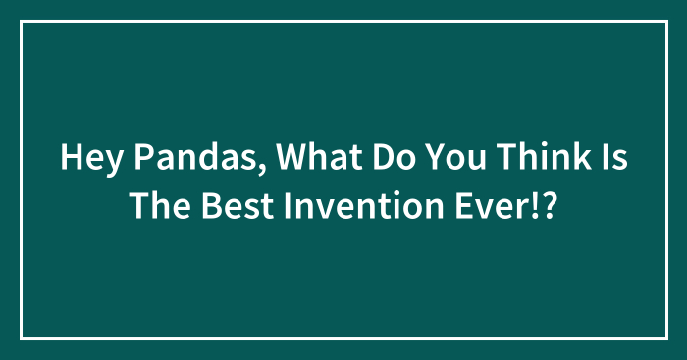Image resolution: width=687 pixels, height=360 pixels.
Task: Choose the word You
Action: (x=418, y=159)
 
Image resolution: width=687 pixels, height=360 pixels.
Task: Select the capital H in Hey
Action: (x=71, y=159)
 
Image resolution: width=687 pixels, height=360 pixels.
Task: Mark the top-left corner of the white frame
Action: (x=22, y=21)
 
